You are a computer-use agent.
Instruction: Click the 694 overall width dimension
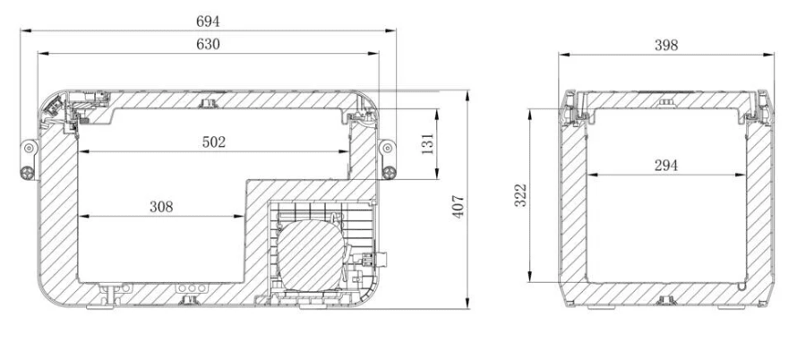tap(208, 21)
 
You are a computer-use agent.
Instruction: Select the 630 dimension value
tap(208, 44)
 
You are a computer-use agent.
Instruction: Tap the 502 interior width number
tap(213, 142)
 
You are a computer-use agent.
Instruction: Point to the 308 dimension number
tap(161, 207)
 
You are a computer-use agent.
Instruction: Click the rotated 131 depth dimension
tap(428, 144)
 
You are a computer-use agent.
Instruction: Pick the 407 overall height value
tap(458, 207)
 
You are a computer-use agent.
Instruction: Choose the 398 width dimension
tap(666, 46)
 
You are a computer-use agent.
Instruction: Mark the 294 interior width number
tap(666, 166)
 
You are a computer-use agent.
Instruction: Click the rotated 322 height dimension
tap(520, 195)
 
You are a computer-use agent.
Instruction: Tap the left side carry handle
tap(29, 159)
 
